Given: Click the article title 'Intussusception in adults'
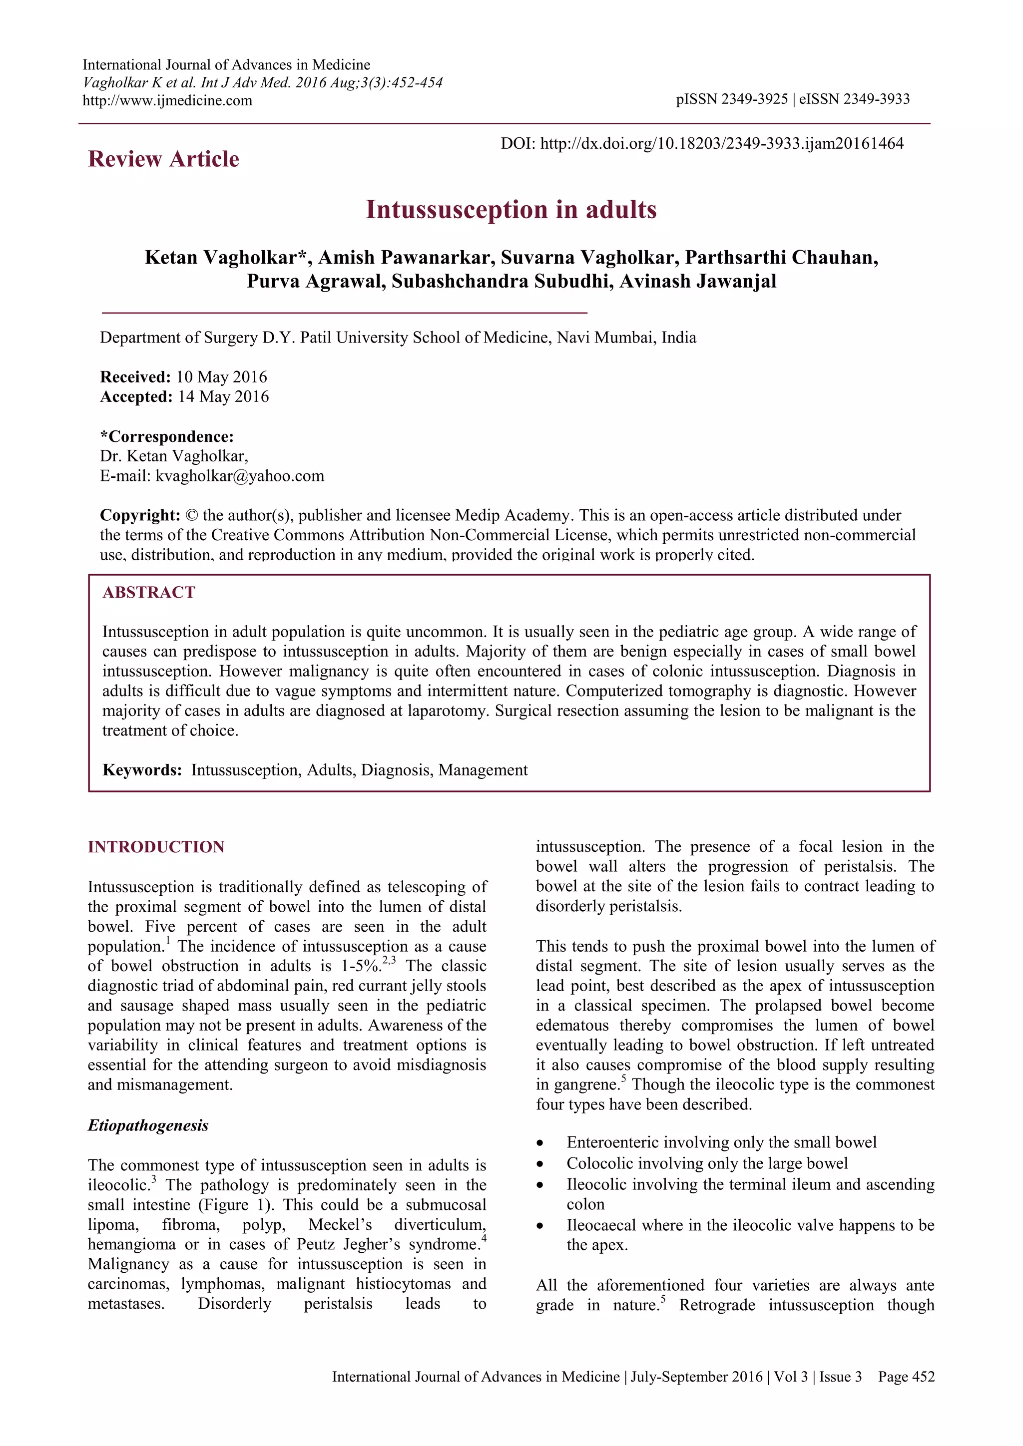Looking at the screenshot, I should pos(511,210).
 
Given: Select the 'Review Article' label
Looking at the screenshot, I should pos(163,159).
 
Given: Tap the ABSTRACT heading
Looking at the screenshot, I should pos(149,593).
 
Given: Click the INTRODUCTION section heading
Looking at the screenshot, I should pos(155,846).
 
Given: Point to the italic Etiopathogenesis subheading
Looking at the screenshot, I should pos(148,1125).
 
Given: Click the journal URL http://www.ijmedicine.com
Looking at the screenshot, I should pos(167,100).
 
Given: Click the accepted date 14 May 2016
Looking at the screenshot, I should pos(222,397).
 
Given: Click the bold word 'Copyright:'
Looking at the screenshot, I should pos(140,515).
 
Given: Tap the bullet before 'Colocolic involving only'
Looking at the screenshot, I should pos(540,1164).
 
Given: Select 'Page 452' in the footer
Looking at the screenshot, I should pos(906,1377).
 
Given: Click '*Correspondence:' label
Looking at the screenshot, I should pos(166,436).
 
